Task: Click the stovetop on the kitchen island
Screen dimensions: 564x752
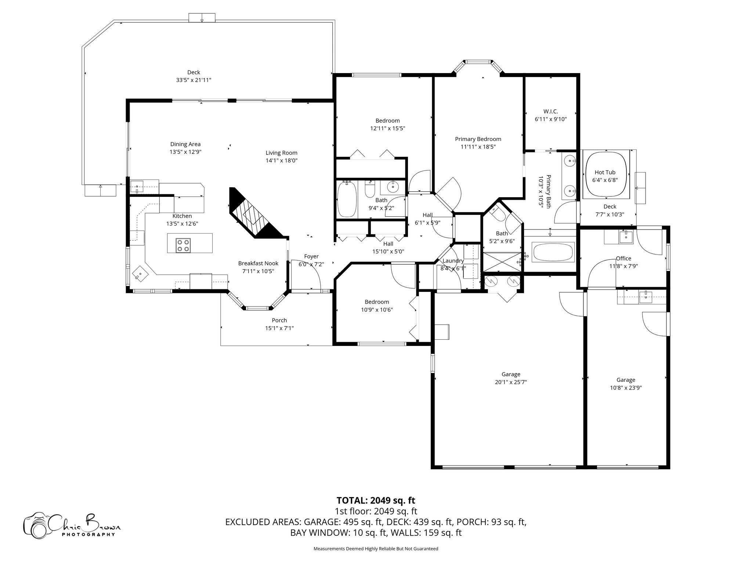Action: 183,245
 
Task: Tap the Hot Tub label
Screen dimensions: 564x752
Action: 605,172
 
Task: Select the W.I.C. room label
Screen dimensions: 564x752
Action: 550,111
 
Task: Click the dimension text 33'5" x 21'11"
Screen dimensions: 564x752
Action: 194,80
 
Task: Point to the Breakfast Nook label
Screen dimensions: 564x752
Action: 258,263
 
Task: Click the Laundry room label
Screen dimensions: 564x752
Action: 453,261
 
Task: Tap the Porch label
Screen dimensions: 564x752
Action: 279,320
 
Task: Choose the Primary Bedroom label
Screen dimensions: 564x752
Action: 478,139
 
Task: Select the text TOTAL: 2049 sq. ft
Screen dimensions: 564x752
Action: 376,500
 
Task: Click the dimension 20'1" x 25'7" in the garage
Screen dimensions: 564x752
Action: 511,382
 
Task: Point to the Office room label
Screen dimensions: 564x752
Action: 623,258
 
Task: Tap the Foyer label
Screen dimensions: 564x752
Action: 311,256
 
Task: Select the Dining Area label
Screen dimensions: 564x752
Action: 185,144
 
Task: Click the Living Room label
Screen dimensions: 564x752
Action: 281,153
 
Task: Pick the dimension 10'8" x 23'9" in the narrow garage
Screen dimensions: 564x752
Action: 625,387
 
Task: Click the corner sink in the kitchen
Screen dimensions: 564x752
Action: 141,273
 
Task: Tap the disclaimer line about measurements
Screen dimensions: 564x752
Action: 376,549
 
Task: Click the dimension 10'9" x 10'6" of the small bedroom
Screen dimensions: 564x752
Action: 377,310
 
